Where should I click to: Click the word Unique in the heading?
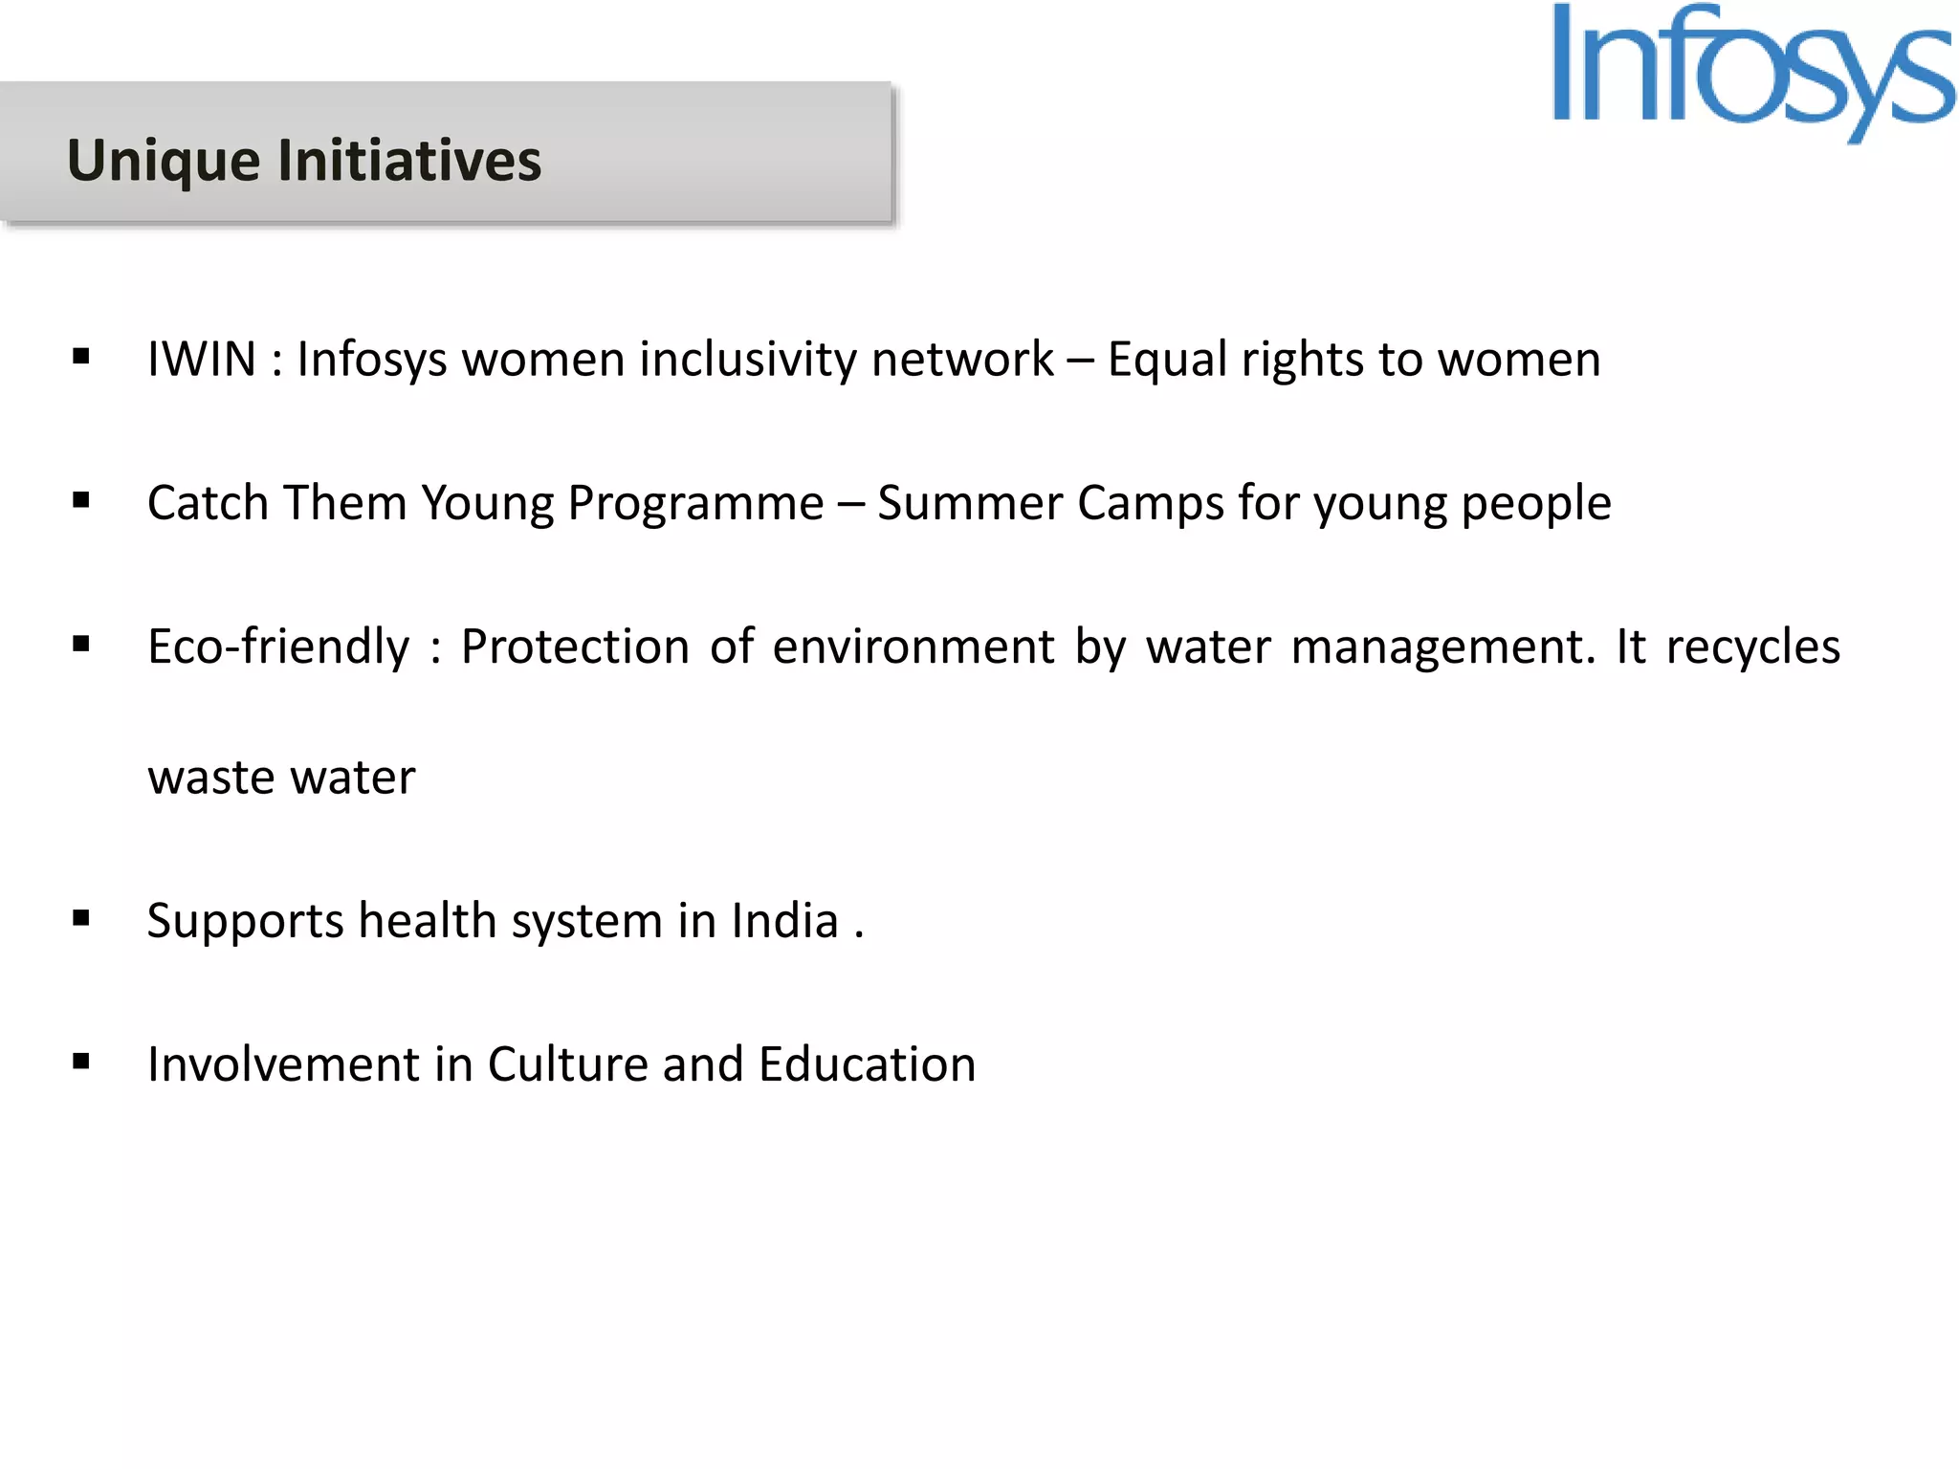(164, 160)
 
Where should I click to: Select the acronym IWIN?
(202, 360)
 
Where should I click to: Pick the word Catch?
(208, 503)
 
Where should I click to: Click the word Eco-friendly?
(278, 647)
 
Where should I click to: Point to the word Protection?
(575, 647)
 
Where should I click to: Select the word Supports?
(245, 922)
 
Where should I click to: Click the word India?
(784, 920)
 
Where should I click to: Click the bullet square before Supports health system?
(81, 918)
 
